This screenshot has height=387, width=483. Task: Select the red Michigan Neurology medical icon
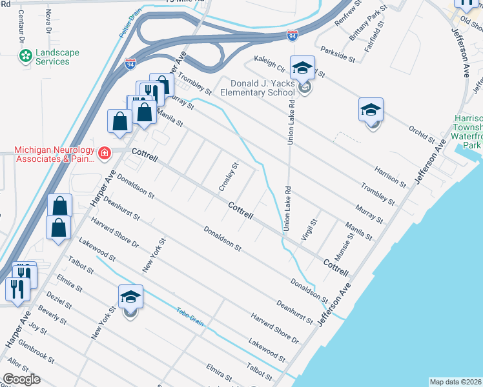click(x=104, y=153)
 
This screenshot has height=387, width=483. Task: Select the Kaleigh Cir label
click(x=271, y=63)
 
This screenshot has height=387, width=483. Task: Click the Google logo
click(x=22, y=379)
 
